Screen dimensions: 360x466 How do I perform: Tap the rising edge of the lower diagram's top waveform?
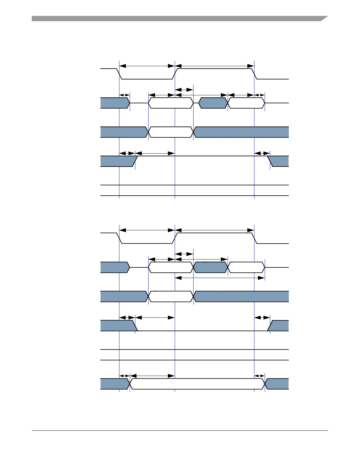pyautogui.click(x=175, y=238)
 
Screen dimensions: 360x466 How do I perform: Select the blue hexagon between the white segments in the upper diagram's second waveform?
pyautogui.click(x=213, y=103)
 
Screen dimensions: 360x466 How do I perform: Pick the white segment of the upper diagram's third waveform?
pyautogui.click(x=171, y=132)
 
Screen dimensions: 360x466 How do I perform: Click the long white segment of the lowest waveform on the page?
pyautogui.click(x=197, y=384)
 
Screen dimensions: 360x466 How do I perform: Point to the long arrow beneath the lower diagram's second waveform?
pyautogui.click(x=220, y=278)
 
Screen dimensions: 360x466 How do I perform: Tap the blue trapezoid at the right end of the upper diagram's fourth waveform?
pyautogui.click(x=279, y=161)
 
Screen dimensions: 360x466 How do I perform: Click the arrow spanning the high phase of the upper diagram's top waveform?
pyautogui.click(x=214, y=66)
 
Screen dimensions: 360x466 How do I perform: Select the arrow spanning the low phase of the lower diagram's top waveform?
pyautogui.click(x=147, y=230)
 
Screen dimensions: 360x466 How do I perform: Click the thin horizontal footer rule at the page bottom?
pyautogui.click(x=180, y=431)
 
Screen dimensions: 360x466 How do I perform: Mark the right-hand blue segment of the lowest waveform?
pyautogui.click(x=277, y=384)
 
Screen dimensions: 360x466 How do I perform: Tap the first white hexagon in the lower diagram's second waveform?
pyautogui.click(x=171, y=267)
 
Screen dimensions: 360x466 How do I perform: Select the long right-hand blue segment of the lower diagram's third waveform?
pyautogui.click(x=241, y=297)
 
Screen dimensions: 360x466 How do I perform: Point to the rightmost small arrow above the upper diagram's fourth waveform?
pyautogui.click(x=262, y=153)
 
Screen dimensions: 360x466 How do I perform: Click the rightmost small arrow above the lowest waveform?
pyautogui.click(x=259, y=376)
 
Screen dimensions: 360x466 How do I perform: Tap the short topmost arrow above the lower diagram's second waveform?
pyautogui.click(x=184, y=254)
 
